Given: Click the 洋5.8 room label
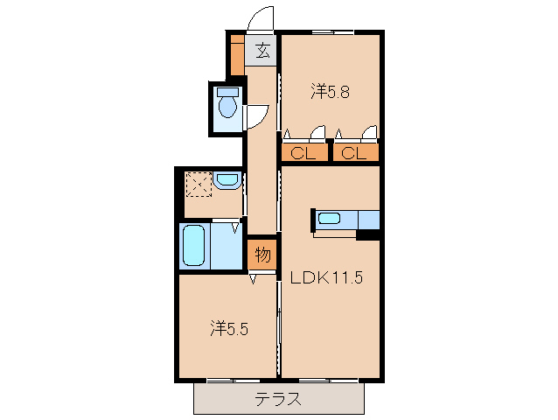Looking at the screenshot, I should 331,90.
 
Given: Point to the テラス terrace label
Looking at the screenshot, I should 278,400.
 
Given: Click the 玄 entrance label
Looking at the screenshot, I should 262,51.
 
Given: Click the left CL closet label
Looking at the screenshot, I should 303,153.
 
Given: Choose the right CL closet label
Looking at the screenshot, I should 354,153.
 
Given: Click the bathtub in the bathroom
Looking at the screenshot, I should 193,247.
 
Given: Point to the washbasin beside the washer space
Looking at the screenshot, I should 227,181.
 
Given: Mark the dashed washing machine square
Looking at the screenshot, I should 198,184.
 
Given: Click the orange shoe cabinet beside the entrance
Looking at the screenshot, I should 237,54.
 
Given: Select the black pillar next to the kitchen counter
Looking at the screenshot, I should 368,234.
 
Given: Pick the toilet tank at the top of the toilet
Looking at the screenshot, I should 227,91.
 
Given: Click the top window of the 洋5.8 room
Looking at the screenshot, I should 331,32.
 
